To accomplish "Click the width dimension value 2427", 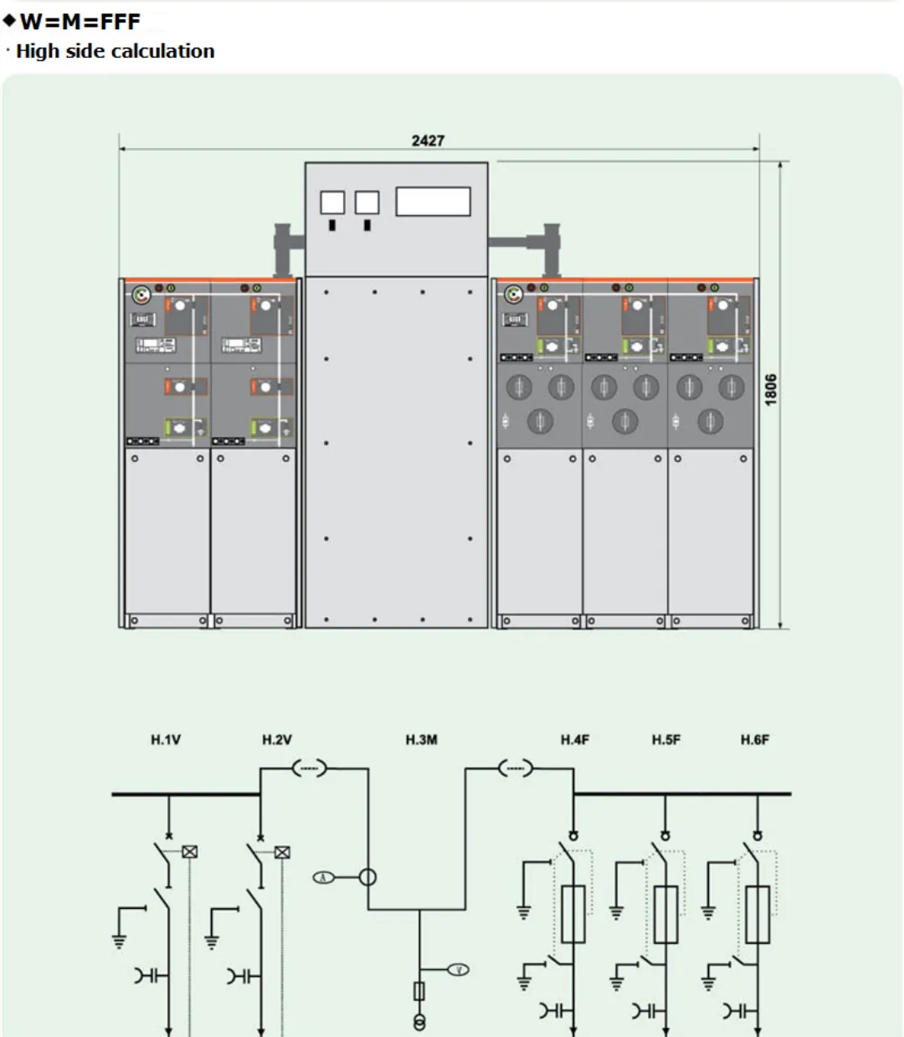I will [428, 141].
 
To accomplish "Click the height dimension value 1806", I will [771, 389].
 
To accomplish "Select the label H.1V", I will [166, 740].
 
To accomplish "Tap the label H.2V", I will [277, 740].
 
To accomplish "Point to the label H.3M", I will [421, 740].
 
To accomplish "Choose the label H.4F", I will [575, 740].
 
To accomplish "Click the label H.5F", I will [666, 740].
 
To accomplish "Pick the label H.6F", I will [755, 740].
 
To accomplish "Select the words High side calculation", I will [115, 51].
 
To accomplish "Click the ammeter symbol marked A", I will [323, 877].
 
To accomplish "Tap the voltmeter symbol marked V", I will [459, 970].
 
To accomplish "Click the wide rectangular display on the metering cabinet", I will [433, 202].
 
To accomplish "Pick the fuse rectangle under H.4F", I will [573, 914].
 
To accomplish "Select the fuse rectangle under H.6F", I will [758, 914].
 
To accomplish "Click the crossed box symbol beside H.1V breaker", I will [190, 852].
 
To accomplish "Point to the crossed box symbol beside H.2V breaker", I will [283, 852].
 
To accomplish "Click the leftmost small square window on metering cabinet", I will [332, 203].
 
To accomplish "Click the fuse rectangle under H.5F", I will [665, 914].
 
